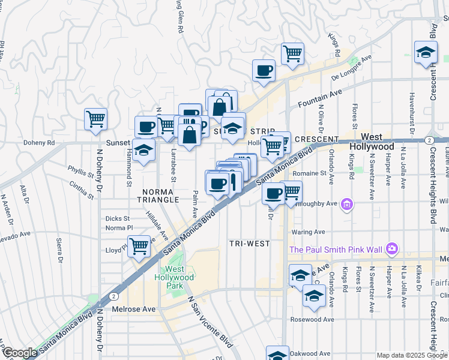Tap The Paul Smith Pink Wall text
pyautogui.click(x=337, y=249)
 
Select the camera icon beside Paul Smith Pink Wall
pyautogui.click(x=391, y=248)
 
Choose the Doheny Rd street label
pyautogui.click(x=39, y=143)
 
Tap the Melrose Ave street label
pyautogui.click(x=133, y=309)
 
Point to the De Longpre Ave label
pyautogui.click(x=352, y=68)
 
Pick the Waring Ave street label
pyautogui.click(x=307, y=232)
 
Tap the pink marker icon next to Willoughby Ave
pyautogui.click(x=347, y=206)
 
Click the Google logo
pyautogui.click(x=20, y=353)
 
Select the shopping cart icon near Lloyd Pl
pyautogui.click(x=139, y=245)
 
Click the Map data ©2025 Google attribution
pyautogui.click(x=411, y=355)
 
